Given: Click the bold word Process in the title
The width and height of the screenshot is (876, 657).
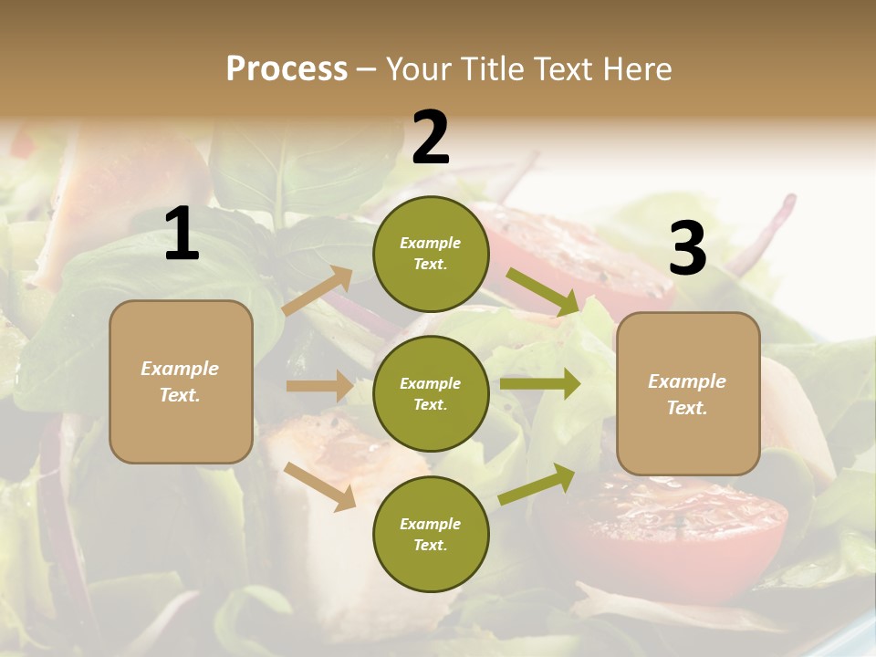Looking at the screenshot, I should [x=287, y=68].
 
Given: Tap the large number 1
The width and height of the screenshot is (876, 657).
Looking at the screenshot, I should [x=182, y=235].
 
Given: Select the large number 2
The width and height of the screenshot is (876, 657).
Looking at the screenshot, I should [x=431, y=138].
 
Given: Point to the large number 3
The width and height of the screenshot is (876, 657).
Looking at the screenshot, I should [x=687, y=248].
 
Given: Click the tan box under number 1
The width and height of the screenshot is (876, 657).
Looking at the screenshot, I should [x=181, y=381].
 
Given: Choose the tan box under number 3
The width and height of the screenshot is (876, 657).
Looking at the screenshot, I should [x=688, y=393].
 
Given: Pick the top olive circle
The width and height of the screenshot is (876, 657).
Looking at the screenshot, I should [x=431, y=254].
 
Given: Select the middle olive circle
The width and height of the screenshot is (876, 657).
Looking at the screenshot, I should [x=431, y=393].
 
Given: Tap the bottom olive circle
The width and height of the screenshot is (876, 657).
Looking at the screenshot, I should [x=431, y=534].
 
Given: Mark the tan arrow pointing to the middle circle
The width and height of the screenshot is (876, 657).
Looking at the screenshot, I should [x=319, y=386].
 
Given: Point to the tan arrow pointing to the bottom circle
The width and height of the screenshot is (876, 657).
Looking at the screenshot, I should [x=320, y=485].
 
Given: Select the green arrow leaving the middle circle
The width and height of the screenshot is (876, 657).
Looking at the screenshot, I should [x=540, y=384].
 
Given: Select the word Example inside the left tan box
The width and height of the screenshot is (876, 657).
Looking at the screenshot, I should [x=180, y=369].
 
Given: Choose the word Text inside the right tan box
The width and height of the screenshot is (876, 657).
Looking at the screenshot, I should [x=687, y=408].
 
